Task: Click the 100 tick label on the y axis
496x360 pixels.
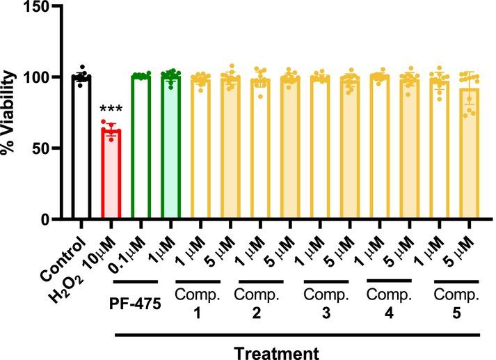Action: pos(39,77)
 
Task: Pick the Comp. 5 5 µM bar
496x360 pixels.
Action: pos(469,153)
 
